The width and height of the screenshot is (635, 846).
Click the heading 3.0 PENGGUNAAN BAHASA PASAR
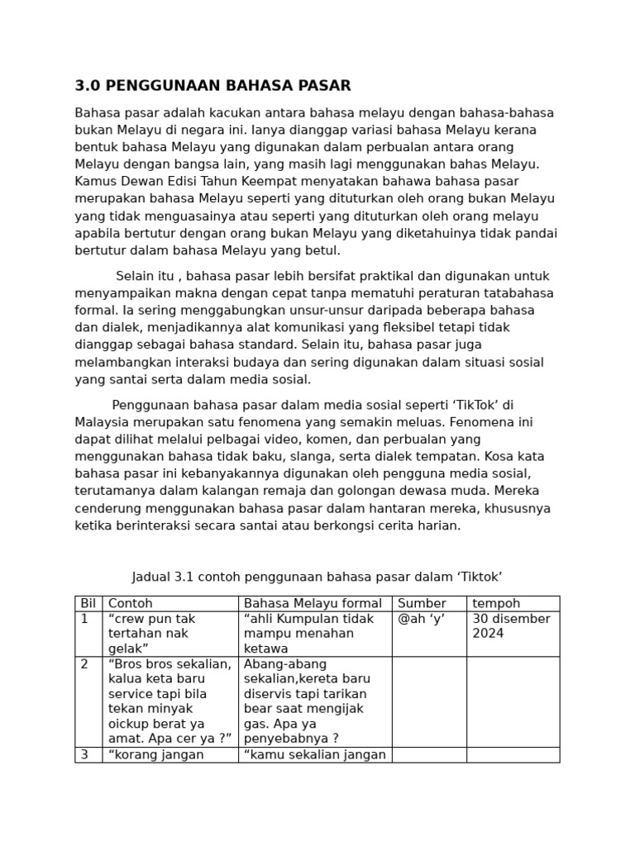(212, 86)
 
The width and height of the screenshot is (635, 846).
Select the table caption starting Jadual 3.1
(317, 577)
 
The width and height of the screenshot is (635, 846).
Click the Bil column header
(88, 604)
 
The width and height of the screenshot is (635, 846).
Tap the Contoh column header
(131, 604)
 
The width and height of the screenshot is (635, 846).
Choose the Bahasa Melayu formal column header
(313, 604)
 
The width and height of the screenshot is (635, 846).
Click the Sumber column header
(422, 604)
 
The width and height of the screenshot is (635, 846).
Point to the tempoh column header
(496, 604)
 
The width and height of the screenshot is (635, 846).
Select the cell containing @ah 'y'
(421, 620)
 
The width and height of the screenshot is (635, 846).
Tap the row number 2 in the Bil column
(84, 664)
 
